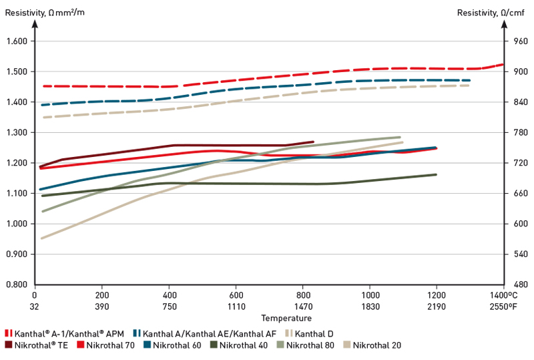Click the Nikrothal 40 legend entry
[242, 345]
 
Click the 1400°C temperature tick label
[504, 295]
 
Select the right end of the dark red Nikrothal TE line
[312, 142]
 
